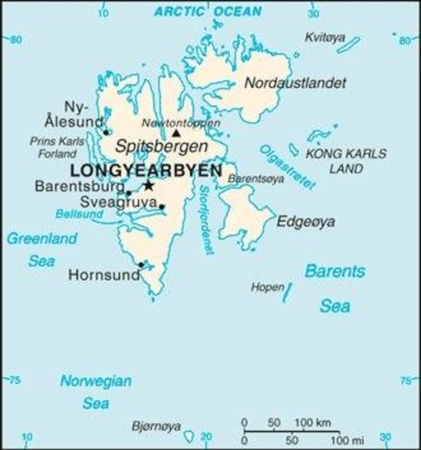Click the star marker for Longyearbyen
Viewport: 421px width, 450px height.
pyautogui.click(x=148, y=185)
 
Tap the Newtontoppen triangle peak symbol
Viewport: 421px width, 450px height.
pyautogui.click(x=176, y=132)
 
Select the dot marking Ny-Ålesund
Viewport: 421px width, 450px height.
pyautogui.click(x=106, y=131)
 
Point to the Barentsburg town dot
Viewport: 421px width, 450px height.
pyautogui.click(x=128, y=192)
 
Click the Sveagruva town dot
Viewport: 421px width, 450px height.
pyautogui.click(x=161, y=206)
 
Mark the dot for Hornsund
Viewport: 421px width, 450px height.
pyautogui.click(x=141, y=264)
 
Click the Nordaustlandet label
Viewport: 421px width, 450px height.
pyautogui.click(x=295, y=83)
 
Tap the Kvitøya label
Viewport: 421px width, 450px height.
pyautogui.click(x=325, y=37)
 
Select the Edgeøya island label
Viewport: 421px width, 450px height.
pyautogui.click(x=306, y=222)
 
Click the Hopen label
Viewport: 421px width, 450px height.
pyautogui.click(x=267, y=287)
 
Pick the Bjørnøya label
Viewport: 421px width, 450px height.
pyautogui.click(x=156, y=425)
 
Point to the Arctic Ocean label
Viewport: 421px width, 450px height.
pyautogui.click(x=208, y=11)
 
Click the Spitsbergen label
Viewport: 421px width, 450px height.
pyautogui.click(x=161, y=147)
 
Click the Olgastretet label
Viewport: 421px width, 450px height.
pyautogui.click(x=286, y=169)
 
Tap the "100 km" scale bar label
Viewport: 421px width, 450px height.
pyautogui.click(x=312, y=422)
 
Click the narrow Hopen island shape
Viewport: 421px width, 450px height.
pyautogui.click(x=288, y=292)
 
